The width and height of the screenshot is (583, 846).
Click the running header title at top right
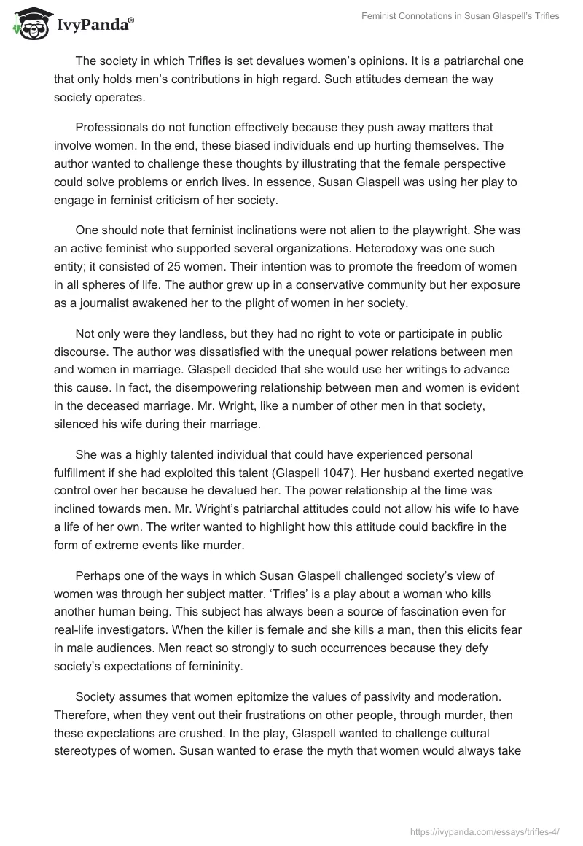[460, 16]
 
